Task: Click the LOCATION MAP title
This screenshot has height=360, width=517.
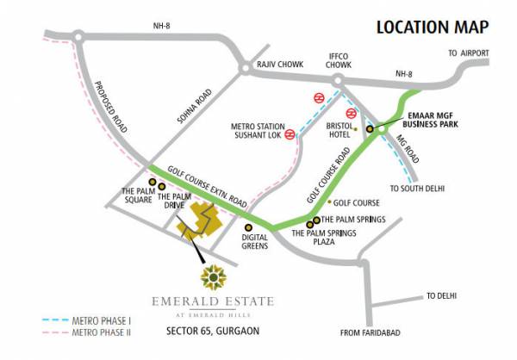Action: click(x=439, y=27)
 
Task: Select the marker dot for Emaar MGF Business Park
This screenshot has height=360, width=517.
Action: click(x=370, y=129)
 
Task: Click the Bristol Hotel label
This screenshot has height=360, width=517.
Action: click(x=342, y=130)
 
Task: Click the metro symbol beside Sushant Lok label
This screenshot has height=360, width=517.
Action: click(x=290, y=134)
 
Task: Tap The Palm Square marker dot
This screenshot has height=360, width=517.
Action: click(x=152, y=183)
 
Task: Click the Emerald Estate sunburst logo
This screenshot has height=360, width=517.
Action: click(x=211, y=278)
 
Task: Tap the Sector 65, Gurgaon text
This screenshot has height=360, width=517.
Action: click(x=212, y=331)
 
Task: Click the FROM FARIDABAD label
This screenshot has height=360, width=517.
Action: click(x=372, y=334)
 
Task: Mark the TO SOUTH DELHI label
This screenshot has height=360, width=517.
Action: click(x=418, y=189)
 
